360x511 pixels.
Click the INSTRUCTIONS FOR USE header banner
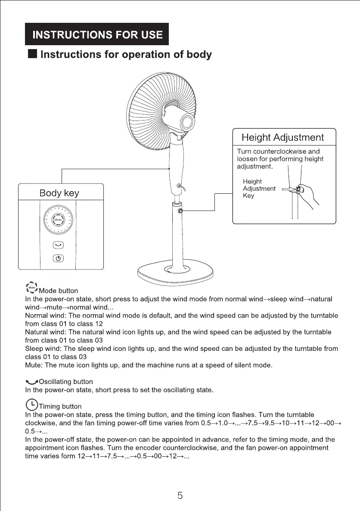point(96,34)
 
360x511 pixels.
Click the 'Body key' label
point(59,193)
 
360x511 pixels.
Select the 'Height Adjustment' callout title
point(282,138)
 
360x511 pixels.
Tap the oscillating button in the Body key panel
point(58,245)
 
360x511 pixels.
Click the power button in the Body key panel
point(58,258)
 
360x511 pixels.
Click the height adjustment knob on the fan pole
point(180,211)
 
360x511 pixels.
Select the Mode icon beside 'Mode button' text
point(31,287)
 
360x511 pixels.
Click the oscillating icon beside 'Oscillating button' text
point(31,382)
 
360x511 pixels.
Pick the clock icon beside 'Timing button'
point(31,405)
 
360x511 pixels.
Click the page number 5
point(180,496)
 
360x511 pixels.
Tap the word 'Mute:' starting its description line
point(34,365)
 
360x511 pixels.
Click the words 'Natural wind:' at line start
point(45,332)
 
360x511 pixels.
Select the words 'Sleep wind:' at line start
point(42,349)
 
